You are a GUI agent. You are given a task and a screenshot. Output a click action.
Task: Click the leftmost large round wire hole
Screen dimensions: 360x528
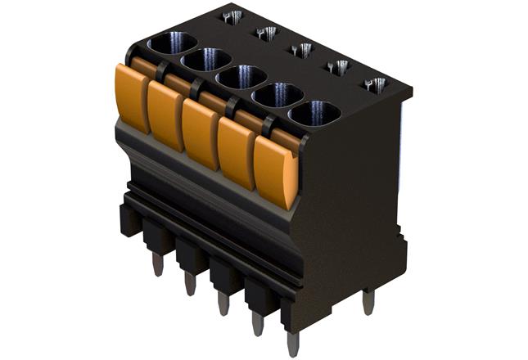172,43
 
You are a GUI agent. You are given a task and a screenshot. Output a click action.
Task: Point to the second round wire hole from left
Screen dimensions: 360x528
206,60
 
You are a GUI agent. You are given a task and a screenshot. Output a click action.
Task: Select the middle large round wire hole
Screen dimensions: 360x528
241,78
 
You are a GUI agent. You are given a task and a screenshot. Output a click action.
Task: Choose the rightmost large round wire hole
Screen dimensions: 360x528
314,114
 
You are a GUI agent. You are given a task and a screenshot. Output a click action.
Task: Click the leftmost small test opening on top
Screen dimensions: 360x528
232,16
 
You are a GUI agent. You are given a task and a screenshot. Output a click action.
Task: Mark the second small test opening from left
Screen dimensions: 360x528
266,33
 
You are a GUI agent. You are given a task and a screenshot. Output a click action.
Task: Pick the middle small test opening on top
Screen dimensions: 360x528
301,50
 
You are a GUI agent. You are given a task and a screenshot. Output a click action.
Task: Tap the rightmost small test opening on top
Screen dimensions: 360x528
374,84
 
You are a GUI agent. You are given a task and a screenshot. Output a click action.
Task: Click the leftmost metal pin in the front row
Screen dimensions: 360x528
156,263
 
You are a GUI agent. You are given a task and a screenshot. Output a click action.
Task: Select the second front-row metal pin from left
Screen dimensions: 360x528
190,283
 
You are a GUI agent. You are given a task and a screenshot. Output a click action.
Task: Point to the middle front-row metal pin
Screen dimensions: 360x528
223,303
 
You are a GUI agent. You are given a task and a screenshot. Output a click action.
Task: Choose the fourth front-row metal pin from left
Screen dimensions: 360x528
257,323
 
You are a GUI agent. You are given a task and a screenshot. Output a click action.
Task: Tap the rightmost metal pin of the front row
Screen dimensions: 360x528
293,343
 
